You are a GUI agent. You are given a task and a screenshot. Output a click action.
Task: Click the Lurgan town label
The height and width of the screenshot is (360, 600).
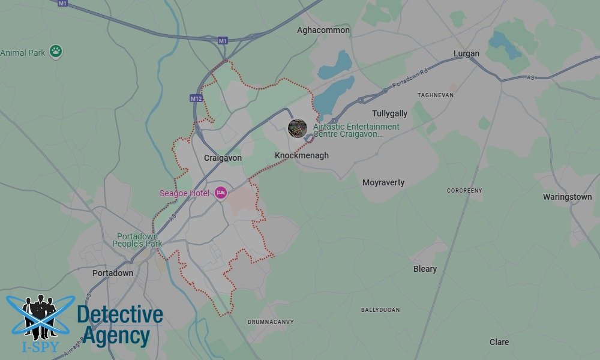click(466, 53)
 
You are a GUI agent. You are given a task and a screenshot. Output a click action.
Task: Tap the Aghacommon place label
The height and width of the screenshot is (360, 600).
click(323, 30)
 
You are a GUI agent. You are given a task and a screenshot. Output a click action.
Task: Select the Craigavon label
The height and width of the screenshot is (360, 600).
click(223, 158)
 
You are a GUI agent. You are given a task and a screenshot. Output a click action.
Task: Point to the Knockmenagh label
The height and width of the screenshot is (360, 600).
click(302, 156)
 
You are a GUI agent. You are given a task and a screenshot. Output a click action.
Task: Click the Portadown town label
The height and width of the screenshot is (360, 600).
click(113, 273)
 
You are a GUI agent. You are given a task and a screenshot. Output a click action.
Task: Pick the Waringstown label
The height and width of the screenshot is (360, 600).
click(567, 197)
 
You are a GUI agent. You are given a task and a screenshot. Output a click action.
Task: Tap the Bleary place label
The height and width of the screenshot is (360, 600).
click(425, 269)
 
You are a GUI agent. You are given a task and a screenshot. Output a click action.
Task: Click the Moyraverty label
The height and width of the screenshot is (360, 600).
click(383, 182)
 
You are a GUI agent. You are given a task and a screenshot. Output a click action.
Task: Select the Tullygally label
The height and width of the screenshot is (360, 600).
click(389, 113)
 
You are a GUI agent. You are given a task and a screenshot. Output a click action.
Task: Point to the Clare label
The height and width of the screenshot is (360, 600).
click(499, 342)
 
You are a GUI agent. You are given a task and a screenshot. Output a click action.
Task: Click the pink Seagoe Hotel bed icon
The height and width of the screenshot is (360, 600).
click(221, 193)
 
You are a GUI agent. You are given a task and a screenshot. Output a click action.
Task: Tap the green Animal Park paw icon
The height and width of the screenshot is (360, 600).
click(56, 52)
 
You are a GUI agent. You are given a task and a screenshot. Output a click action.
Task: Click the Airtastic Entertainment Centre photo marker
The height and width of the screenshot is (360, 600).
click(298, 127)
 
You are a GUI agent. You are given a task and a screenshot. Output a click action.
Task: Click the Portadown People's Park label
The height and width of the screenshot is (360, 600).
click(138, 240)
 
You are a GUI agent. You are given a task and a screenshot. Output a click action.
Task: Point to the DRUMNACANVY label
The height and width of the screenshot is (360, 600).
click(271, 322)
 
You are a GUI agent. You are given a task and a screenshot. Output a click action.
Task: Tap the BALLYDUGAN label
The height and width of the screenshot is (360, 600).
click(380, 310)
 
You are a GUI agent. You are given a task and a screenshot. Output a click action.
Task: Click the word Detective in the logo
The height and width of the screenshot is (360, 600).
click(120, 315)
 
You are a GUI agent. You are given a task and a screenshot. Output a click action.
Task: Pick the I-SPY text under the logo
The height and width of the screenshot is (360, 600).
click(35, 346)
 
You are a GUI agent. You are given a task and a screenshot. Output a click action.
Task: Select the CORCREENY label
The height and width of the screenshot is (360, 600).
click(464, 191)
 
